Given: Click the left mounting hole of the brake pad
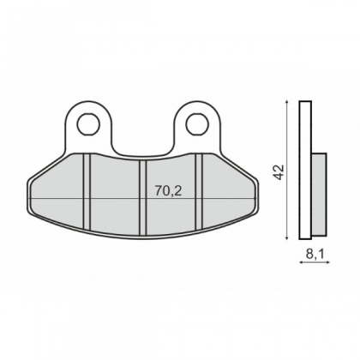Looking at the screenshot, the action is [x=88, y=124].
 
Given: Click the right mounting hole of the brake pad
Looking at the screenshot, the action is [x=197, y=124].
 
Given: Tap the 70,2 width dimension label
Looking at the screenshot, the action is [x=169, y=190].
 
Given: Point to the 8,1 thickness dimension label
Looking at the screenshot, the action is [x=315, y=254].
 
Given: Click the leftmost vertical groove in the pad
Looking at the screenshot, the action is [x=87, y=192].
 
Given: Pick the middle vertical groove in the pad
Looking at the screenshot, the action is [x=143, y=198].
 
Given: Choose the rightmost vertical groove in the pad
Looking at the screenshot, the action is [x=199, y=192].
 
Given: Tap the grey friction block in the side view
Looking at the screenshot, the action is [x=319, y=193].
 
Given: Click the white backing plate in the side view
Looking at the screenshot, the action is [x=305, y=170].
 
